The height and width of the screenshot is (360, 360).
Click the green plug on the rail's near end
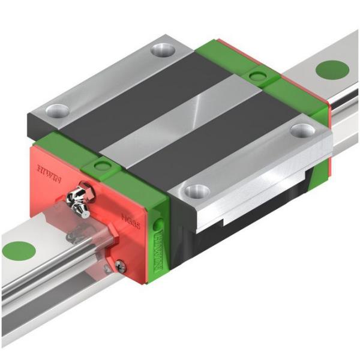coord(18,250)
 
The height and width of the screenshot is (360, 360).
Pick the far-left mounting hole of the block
coord(59,110)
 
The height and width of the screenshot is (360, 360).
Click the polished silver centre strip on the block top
coord(180,120)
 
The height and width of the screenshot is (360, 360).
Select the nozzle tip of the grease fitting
coord(86,212)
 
